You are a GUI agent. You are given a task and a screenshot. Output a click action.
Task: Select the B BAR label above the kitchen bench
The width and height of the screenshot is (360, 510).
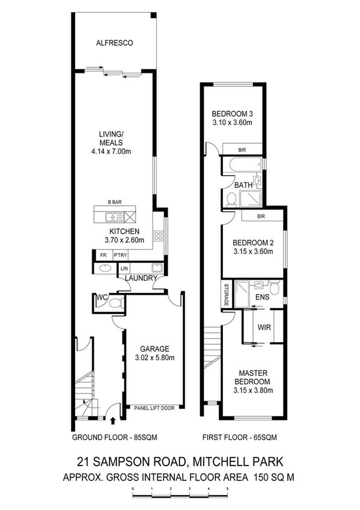click(x=115, y=203)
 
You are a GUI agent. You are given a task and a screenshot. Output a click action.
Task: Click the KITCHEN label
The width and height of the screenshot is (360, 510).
click(x=124, y=232)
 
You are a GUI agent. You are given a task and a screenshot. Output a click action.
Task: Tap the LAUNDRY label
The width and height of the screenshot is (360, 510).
click(x=141, y=278)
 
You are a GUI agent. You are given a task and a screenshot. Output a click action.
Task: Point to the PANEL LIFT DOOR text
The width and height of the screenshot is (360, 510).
click(x=154, y=408)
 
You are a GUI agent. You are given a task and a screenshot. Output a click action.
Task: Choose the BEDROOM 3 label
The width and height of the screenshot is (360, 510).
click(x=231, y=114)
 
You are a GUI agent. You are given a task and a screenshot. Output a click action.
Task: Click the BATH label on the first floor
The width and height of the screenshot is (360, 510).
click(x=243, y=185)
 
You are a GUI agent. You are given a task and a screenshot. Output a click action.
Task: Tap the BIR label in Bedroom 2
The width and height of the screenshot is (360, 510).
click(x=261, y=216)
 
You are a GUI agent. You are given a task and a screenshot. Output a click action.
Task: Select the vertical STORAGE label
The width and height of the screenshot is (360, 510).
click(x=227, y=295)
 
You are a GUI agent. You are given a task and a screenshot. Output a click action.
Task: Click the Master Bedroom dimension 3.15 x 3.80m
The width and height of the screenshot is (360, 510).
click(x=253, y=390)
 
